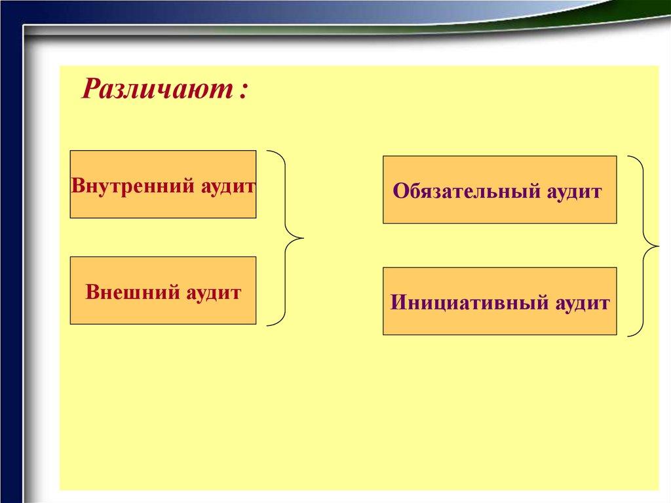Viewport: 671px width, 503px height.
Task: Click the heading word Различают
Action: tap(157, 89)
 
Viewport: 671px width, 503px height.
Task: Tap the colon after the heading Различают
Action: tap(244, 91)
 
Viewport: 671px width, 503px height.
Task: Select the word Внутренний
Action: tap(126, 186)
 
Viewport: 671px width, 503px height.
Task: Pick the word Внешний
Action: tap(132, 292)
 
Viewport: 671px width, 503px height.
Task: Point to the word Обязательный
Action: tap(467, 191)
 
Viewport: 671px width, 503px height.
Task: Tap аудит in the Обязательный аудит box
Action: tap(574, 191)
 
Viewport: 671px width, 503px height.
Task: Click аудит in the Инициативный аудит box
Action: tap(583, 304)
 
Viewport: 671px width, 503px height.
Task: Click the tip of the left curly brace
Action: tap(303, 238)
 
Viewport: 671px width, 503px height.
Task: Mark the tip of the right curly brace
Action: tap(659, 246)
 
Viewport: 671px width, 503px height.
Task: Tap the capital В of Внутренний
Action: tap(78, 186)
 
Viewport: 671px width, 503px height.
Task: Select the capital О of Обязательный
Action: tap(400, 191)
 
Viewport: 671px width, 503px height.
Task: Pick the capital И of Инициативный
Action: tap(398, 302)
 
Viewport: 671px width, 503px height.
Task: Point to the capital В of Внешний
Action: tap(92, 292)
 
